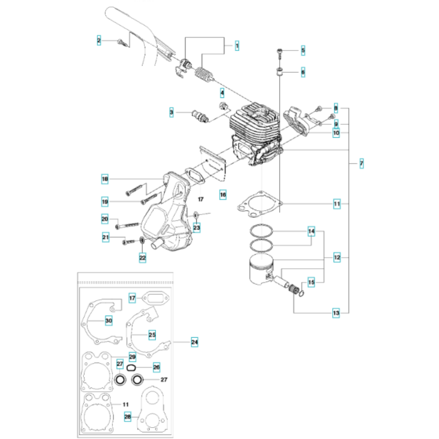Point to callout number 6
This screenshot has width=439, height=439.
pos(303,71)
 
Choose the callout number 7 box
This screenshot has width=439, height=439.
pos(361,164)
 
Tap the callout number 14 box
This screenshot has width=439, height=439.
pos(311,232)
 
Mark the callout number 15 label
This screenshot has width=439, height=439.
pos(311,282)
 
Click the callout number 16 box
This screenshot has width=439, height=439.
pos(201,194)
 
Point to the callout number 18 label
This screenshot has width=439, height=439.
pos(104,179)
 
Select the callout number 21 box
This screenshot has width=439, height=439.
pos(104,237)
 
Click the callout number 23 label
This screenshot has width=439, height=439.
pos(197,228)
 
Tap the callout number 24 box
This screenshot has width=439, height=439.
pos(194,342)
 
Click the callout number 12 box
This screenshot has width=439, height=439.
pos(336,257)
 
